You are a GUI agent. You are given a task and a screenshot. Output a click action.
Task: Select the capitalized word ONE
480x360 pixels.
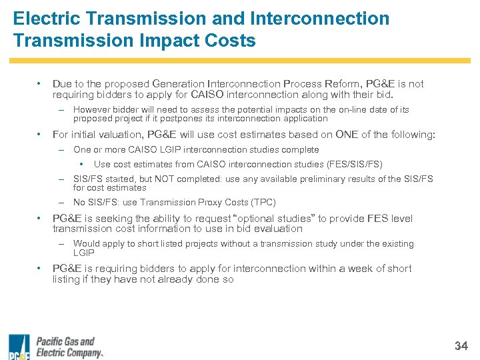coord(347,135)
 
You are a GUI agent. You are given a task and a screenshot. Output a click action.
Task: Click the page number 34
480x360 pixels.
coord(461,345)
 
